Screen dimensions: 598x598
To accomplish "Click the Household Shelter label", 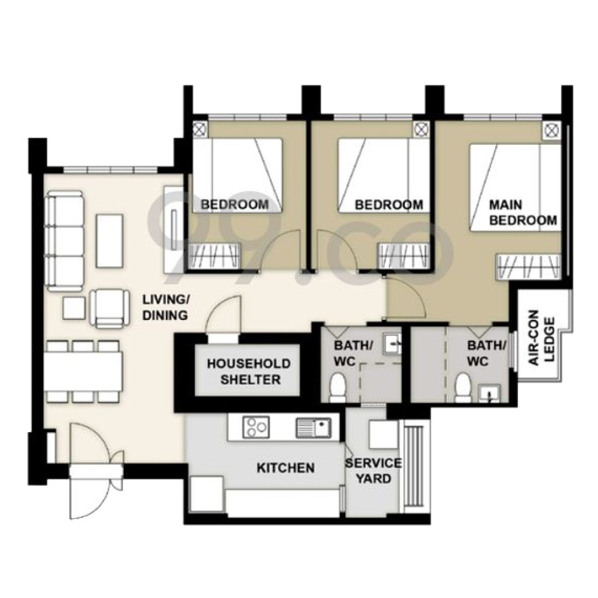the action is pos(249,371).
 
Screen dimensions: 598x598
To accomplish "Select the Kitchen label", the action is pos(286,468).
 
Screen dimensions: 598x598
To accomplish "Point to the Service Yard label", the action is pos(373,471).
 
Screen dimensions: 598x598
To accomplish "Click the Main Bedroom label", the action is pos(523,213).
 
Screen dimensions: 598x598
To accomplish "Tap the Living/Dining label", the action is pos(165,307).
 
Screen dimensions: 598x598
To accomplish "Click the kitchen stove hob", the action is pos(256,427).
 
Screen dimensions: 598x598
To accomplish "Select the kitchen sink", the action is pos(314,428).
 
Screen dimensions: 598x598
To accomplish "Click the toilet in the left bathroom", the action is pos(338,387).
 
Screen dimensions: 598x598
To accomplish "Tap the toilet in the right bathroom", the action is pos(463,387).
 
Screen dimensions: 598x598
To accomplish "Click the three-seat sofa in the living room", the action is pos(65,241).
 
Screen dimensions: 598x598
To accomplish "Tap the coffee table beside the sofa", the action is pos(110,241).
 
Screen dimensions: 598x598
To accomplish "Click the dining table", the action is pos(83,371).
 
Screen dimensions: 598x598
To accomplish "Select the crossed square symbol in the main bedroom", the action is pos(551,131).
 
